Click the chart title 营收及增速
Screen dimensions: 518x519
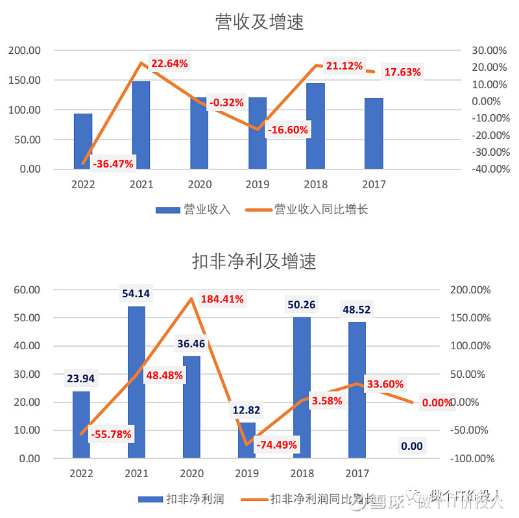coord(259,23)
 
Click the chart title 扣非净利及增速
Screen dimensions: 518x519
coord(254,261)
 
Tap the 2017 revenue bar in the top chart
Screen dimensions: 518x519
coord(374,133)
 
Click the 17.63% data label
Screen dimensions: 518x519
coord(402,72)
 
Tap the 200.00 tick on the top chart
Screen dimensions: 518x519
coord(25,50)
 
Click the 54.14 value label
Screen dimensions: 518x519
coord(136,294)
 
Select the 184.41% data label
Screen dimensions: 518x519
coord(222,299)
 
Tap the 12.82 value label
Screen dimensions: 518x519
coord(247,410)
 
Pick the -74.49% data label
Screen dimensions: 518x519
coord(276,445)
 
